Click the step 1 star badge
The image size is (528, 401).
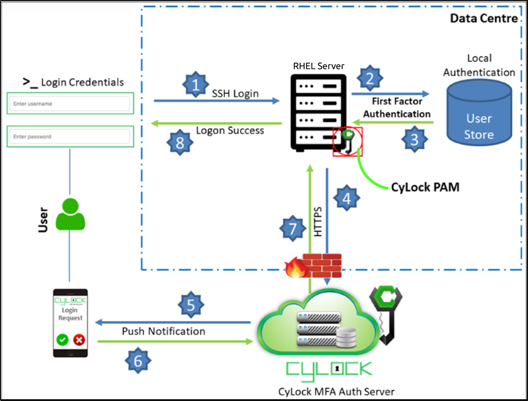[x=195, y=85]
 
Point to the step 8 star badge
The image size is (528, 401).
[x=180, y=143]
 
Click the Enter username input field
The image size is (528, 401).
[x=69, y=104]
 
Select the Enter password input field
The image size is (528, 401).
[x=69, y=136]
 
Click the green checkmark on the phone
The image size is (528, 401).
[x=63, y=340]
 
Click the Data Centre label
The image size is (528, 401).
[x=484, y=19]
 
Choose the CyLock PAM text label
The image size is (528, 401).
[x=425, y=187]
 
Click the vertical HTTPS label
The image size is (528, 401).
[x=318, y=222]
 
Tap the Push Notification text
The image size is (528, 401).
[x=164, y=331]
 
